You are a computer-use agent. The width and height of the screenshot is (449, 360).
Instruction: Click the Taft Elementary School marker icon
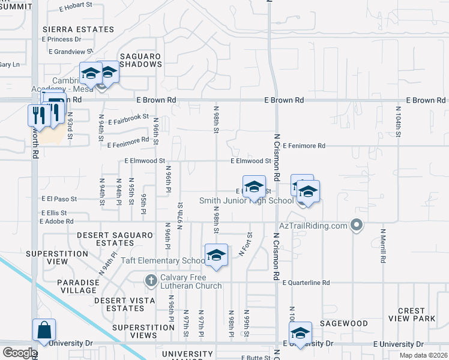coord(216,255)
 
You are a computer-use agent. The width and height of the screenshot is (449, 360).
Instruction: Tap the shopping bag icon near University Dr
coord(44,330)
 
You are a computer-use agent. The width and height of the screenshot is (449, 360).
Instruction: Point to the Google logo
coord(19,353)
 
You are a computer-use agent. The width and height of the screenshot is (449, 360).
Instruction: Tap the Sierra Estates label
coord(78,29)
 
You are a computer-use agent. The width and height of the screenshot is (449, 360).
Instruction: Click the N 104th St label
coord(398,119)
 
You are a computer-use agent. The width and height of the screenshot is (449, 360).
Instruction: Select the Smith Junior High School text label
coord(246,200)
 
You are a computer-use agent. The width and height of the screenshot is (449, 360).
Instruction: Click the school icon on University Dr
coord(300,333)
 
